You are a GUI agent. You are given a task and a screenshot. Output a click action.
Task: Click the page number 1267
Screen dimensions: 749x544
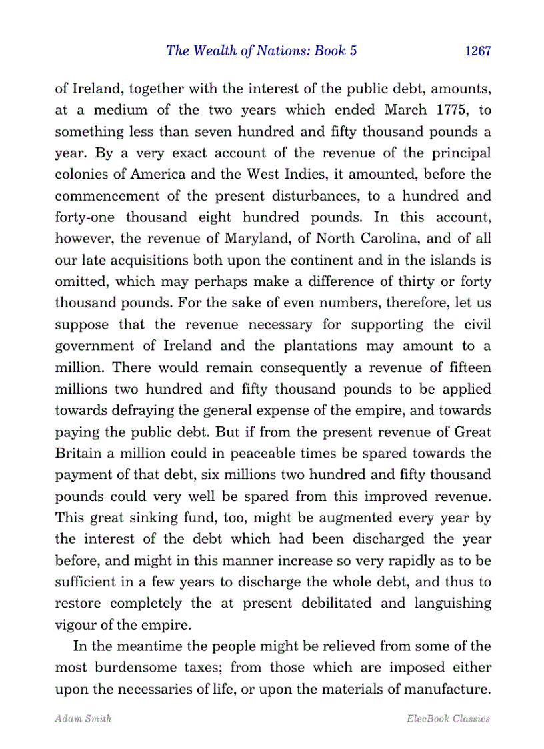(477, 51)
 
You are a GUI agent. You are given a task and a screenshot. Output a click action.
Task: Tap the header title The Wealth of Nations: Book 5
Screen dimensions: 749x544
(261, 51)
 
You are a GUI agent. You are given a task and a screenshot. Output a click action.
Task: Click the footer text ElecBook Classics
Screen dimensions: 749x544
(448, 718)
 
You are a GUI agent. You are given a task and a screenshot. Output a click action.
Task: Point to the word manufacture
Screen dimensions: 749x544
(447, 689)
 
